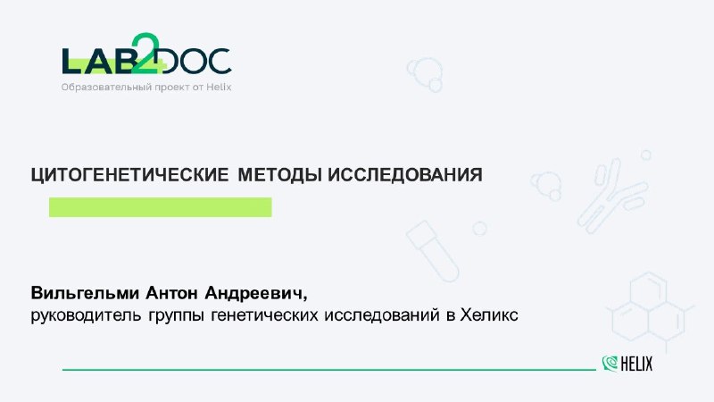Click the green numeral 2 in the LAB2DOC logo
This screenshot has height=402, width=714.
click(145, 53)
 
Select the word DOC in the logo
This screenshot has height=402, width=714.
click(195, 62)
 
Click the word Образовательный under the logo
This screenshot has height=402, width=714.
click(106, 87)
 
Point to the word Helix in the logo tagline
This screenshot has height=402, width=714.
click(219, 87)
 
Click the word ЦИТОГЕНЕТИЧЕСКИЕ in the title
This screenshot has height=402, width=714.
click(129, 175)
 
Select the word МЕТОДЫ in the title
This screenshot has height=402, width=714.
click(280, 174)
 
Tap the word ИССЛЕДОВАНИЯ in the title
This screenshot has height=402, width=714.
click(405, 174)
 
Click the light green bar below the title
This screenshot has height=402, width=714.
click(161, 207)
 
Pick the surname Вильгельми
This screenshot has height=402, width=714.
click(85, 293)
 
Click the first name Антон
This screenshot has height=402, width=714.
click(171, 293)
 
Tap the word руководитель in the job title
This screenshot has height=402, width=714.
click(86, 315)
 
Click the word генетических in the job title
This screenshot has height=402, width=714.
click(264, 315)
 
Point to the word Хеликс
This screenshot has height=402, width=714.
click(489, 314)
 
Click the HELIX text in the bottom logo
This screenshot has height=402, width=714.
click(636, 364)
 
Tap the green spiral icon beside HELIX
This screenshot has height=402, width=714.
click(610, 364)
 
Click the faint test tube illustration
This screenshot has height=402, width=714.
click(432, 251)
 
